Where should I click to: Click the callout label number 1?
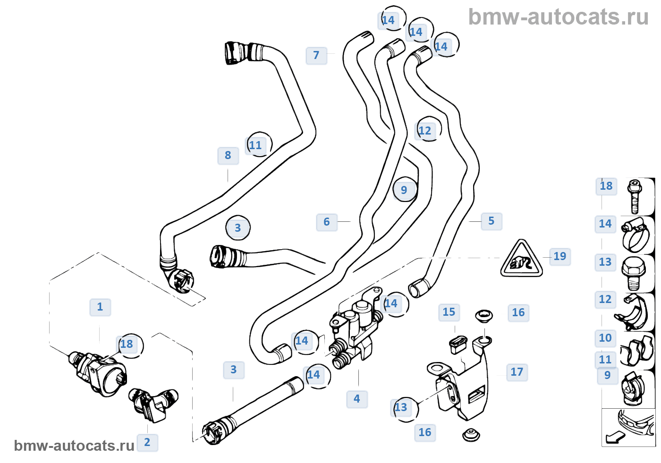100,307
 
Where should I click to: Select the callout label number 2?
147,443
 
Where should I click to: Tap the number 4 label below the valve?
357,399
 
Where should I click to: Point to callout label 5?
492,221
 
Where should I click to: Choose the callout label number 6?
327,222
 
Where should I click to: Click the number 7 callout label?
316,56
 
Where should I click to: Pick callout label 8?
228,156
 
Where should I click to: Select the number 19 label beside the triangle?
560,257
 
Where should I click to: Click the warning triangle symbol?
521,259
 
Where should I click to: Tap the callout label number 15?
449,312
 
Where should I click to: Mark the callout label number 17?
517,372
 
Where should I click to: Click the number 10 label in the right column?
605,338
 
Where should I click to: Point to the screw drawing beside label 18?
635,196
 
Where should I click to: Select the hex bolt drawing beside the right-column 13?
633,273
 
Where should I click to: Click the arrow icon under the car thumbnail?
614,438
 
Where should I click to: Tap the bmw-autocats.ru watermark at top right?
558,17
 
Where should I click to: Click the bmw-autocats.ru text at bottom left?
74,446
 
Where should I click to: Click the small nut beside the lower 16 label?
471,435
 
